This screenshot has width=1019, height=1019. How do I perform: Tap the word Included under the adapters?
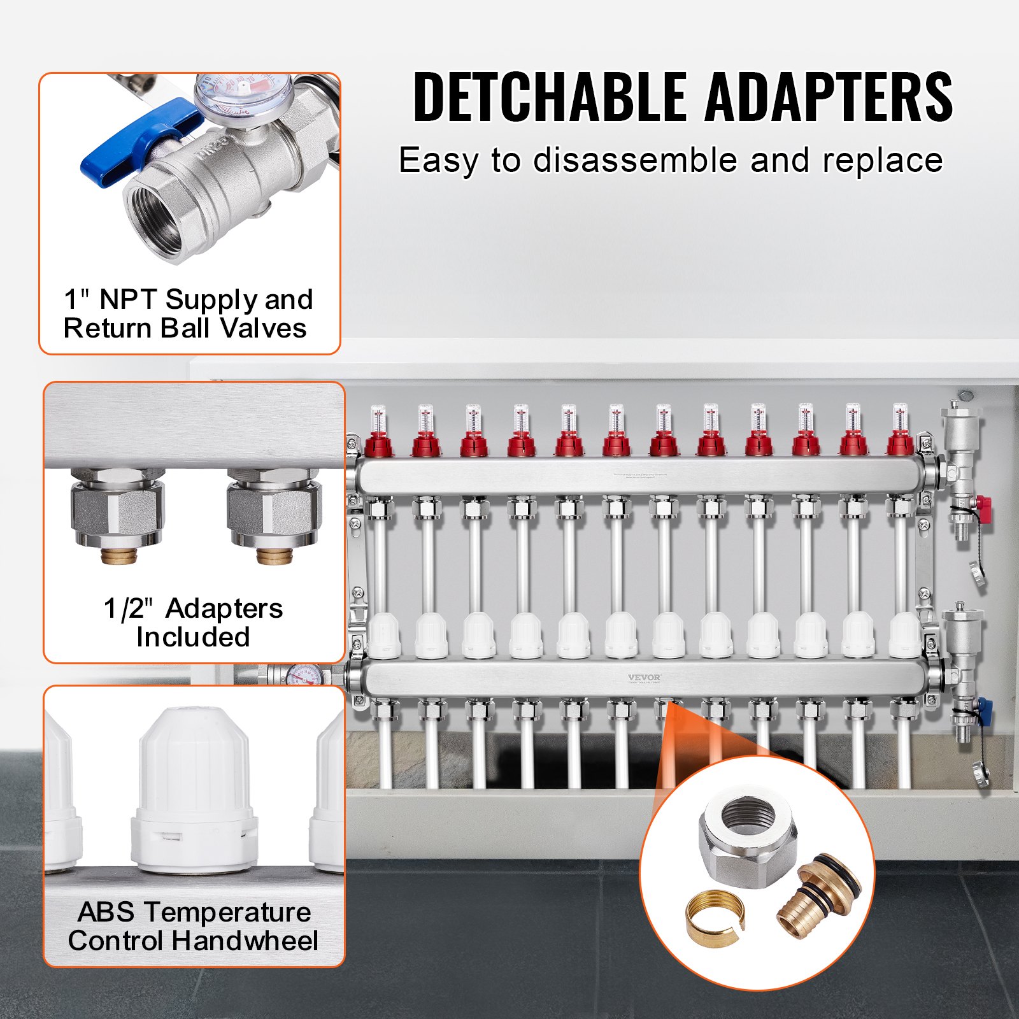(x=193, y=637)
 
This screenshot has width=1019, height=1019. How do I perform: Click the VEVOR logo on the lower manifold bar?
(x=645, y=678)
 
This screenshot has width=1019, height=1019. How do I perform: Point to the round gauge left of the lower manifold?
(x=304, y=675)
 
